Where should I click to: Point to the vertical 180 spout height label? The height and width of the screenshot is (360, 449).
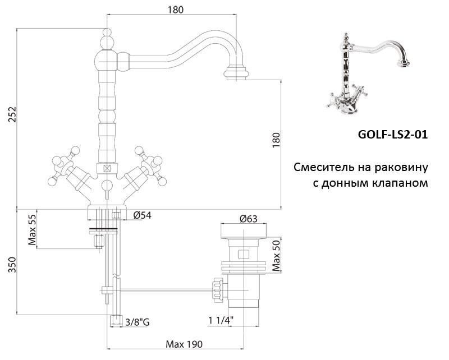coord(274,140)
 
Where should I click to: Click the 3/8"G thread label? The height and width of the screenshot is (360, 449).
coord(138,321)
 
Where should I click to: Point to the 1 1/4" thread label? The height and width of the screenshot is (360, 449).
coord(221,321)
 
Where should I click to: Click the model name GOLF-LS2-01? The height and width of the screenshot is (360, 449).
coord(392,135)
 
